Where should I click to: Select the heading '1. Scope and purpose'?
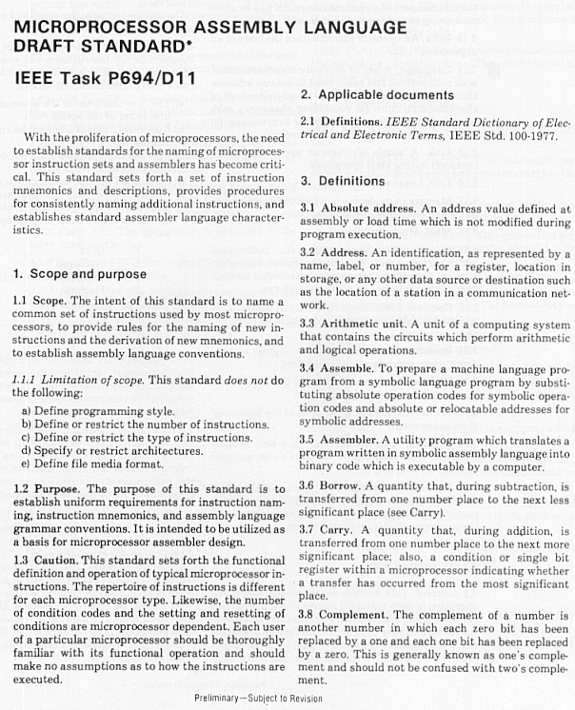[x=80, y=274]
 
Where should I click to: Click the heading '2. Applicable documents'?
[x=377, y=94]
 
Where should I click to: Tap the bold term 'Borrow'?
[x=343, y=485]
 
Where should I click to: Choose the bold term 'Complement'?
[x=358, y=616]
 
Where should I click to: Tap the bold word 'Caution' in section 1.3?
[x=54, y=560]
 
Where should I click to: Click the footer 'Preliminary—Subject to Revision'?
[x=259, y=698]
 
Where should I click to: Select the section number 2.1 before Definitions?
[x=308, y=123]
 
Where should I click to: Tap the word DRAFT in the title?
[x=47, y=47]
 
